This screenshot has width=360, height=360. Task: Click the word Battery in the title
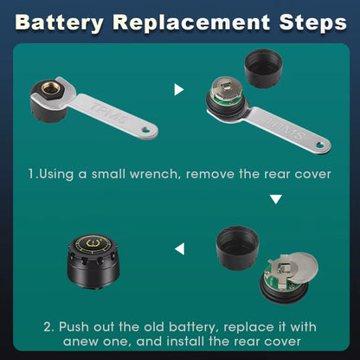59,22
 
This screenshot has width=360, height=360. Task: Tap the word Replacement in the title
191,22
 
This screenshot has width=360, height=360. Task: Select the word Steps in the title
312,22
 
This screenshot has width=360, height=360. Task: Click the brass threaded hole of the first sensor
50,88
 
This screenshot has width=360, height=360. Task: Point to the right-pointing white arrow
179,89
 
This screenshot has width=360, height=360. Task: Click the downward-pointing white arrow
276,199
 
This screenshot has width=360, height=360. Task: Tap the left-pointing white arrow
179,249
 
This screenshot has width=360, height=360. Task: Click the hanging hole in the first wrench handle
146,131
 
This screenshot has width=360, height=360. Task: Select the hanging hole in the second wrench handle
320,145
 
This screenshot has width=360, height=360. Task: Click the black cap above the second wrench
263,68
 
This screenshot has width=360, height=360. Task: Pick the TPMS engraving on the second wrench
285,129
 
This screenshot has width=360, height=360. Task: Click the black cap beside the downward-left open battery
238,247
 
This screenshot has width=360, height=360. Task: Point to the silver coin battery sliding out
300,267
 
